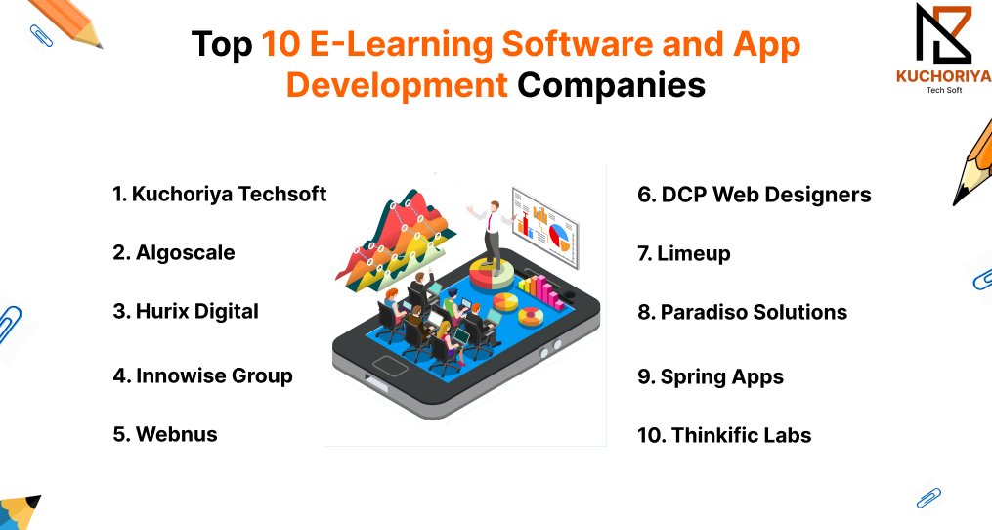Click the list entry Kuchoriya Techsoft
click(219, 194)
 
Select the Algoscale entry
click(174, 252)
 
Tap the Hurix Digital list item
click(186, 311)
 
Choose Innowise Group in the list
click(202, 375)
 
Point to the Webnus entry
click(165, 434)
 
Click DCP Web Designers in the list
click(754, 195)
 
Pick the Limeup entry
click(683, 253)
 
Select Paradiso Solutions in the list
click(742, 312)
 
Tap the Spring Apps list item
click(711, 376)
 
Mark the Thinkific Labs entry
click(724, 435)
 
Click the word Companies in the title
click(611, 85)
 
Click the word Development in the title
click(396, 85)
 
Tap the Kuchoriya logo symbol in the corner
click(942, 33)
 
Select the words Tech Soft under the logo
click(943, 90)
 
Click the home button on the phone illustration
click(390, 370)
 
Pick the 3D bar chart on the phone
click(543, 288)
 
